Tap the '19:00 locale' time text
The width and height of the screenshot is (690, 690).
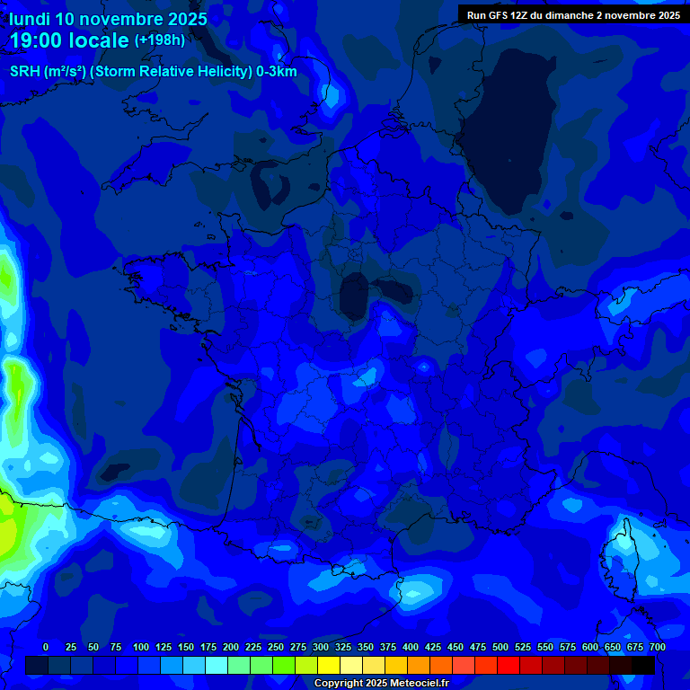pos(68,40)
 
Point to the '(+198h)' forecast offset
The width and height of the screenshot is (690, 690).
pos(160,40)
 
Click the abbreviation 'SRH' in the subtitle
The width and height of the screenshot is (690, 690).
pos(24,72)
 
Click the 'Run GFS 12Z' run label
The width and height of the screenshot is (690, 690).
pos(497,15)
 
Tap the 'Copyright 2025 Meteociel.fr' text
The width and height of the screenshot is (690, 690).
pos(381,683)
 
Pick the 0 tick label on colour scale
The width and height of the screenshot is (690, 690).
pos(46,647)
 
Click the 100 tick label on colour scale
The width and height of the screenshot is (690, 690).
pos(141,647)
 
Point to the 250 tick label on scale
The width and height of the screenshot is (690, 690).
pos(276,647)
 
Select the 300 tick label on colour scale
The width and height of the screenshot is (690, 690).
pos(321,647)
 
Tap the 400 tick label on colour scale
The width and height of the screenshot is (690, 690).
pos(411,647)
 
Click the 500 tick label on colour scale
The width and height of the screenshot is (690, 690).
pos(500,647)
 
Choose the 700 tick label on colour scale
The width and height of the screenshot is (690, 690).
pos(658,647)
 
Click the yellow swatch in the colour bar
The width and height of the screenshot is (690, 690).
pos(329,665)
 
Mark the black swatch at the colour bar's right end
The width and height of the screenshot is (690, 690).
pos(643,665)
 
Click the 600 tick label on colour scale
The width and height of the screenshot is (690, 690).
pos(590,647)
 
